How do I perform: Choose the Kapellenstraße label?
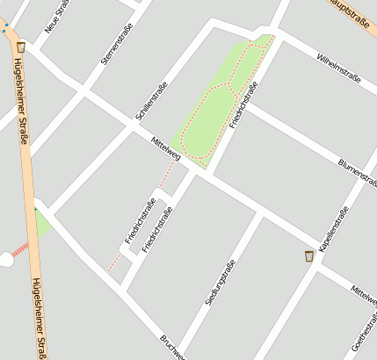click(x=334, y=229)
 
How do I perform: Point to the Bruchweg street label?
click(x=172, y=347)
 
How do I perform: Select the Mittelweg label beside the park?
click(x=165, y=148)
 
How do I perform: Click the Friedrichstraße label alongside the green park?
click(x=243, y=105)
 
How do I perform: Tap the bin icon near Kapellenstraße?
click(x=308, y=256)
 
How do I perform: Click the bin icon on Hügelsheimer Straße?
click(x=20, y=47)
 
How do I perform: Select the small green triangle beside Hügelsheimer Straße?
click(x=40, y=224)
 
